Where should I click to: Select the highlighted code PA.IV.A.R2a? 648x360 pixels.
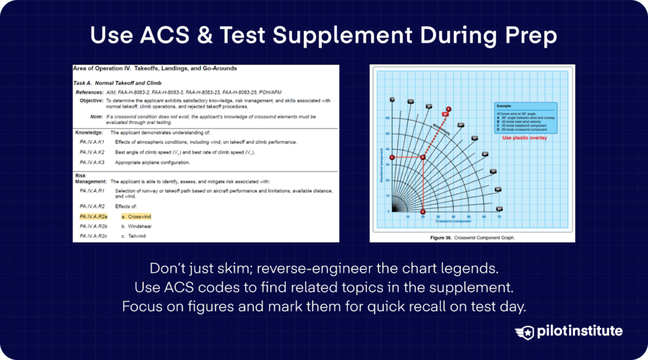(x=94, y=216)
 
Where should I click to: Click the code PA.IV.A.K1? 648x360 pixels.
(x=92, y=142)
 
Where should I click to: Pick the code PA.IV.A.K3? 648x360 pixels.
(x=92, y=163)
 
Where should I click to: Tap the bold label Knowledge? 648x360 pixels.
(x=89, y=132)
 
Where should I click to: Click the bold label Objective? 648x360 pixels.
(x=91, y=101)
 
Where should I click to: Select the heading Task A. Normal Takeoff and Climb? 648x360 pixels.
(x=118, y=83)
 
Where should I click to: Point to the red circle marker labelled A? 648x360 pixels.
(x=449, y=109)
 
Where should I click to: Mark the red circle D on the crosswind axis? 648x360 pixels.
(x=423, y=211)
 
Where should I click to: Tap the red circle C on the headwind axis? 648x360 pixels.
(x=392, y=158)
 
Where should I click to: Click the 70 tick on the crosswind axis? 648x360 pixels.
(x=499, y=217)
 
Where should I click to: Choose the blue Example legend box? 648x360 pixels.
(x=525, y=118)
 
